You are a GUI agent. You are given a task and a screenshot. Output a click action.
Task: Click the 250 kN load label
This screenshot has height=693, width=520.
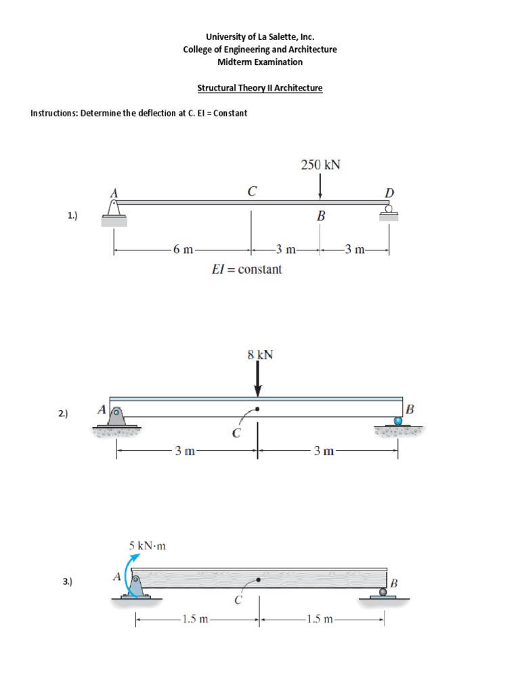click(x=320, y=164)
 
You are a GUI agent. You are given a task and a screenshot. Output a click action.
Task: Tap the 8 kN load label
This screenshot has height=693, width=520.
click(x=261, y=354)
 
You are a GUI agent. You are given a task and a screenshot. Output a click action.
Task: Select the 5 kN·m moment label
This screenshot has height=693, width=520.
click(x=147, y=545)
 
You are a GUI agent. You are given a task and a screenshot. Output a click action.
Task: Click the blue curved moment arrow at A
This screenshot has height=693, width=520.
click(x=128, y=573)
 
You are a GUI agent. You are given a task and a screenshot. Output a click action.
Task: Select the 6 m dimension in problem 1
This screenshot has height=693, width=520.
click(x=182, y=250)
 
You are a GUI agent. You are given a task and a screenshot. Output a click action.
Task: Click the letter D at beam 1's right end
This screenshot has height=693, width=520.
click(x=389, y=194)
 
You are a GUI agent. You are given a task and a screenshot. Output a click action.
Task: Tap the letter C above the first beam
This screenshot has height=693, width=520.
click(x=251, y=192)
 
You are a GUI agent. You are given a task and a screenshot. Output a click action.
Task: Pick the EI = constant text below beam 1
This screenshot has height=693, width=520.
click(x=247, y=269)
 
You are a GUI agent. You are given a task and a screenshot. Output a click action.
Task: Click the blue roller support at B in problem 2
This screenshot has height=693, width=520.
click(x=398, y=420)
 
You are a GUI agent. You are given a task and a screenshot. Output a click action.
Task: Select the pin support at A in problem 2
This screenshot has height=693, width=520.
click(x=117, y=416)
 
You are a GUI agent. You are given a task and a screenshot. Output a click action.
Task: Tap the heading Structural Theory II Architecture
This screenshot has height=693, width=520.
click(x=259, y=88)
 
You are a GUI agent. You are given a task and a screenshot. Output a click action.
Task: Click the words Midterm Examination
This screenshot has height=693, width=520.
click(x=259, y=62)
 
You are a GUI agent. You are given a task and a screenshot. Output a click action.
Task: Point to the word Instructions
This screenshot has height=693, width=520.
click(x=53, y=113)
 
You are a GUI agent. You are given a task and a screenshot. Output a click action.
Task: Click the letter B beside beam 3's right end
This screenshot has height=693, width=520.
click(x=394, y=583)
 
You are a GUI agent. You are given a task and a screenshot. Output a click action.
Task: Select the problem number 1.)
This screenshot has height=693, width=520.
click(x=72, y=216)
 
